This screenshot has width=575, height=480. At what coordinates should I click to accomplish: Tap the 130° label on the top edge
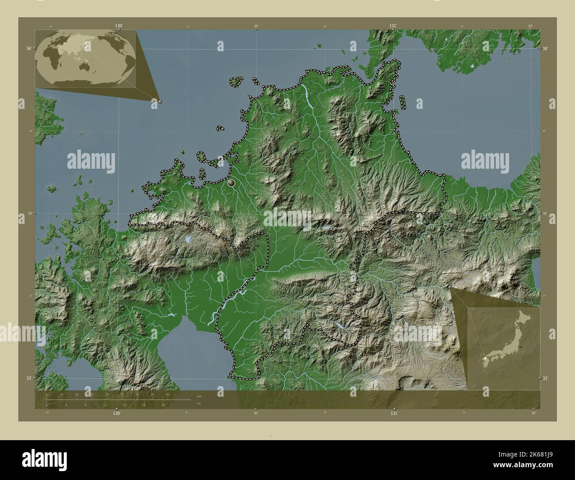pos(119,26)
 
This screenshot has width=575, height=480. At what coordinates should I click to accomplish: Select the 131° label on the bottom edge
pos(394,413)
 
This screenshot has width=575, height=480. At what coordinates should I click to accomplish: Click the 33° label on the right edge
pos(545,378)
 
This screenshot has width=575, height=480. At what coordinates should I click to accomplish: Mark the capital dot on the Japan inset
pos(521,345)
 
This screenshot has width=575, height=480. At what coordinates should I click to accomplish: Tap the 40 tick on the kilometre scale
pos(167,394)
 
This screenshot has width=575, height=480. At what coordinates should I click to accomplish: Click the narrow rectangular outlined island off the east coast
pos(403,103)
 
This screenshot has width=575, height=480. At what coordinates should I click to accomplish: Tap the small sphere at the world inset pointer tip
pos(160,101)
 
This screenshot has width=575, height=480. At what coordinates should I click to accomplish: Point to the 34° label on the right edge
pos(545,48)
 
